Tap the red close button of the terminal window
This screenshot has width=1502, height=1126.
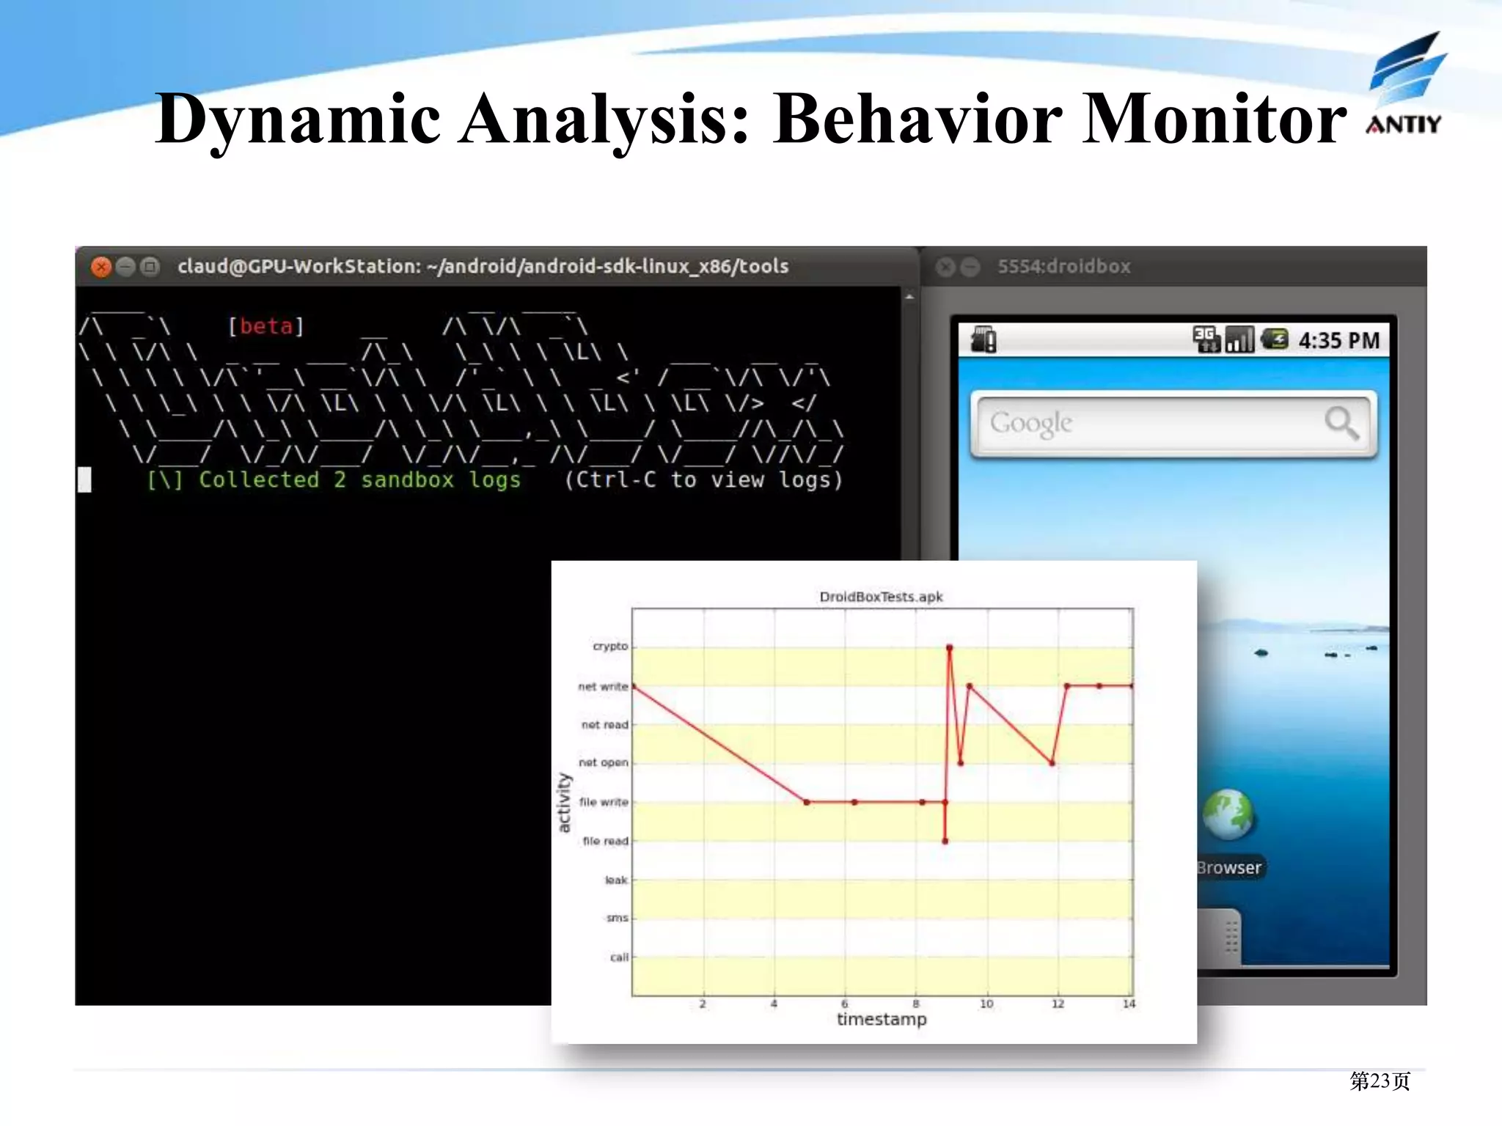click(101, 267)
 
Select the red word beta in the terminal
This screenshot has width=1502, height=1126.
click(265, 326)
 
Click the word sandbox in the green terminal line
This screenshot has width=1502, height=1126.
click(407, 480)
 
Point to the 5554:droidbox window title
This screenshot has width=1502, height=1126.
click(1063, 267)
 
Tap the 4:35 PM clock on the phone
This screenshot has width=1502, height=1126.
click(1338, 341)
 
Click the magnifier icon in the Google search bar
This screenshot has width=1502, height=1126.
click(1341, 422)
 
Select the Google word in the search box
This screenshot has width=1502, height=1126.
click(1030, 423)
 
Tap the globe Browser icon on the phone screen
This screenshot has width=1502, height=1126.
click(1228, 814)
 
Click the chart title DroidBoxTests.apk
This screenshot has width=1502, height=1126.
click(881, 597)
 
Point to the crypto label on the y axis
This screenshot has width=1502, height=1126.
click(610, 647)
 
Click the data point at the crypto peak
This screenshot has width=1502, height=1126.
click(949, 647)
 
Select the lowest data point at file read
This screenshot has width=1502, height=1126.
click(945, 841)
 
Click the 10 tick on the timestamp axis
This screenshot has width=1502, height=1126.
click(986, 1004)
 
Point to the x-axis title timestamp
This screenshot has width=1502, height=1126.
click(882, 1020)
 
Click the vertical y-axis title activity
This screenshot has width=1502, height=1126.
click(564, 803)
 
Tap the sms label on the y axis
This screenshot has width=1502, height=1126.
click(617, 918)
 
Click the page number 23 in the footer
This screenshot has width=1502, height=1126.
click(1380, 1081)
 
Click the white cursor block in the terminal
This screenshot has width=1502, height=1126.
click(85, 479)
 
